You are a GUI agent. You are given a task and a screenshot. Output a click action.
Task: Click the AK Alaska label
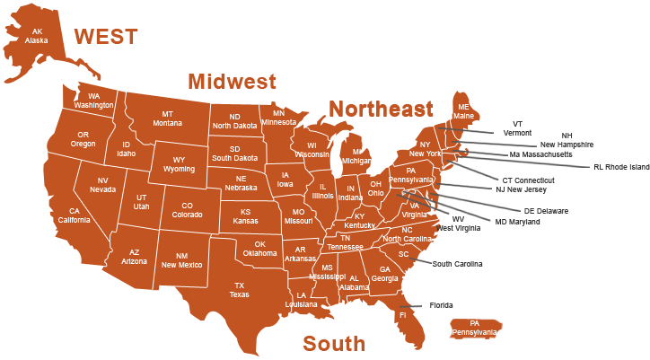pyautogui.click(x=37, y=36)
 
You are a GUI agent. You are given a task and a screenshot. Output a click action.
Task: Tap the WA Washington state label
pyautogui.click(x=93, y=101)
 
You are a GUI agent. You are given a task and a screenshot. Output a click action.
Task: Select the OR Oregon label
pyautogui.click(x=83, y=139)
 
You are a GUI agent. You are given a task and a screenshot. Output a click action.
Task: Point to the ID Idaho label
pyautogui.click(x=126, y=149)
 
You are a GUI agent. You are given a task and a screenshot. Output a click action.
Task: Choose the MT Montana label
pyautogui.click(x=167, y=119)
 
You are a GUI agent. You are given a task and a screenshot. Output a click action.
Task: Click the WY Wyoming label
pyautogui.click(x=179, y=164)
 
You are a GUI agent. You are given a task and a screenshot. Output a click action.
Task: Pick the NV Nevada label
pyautogui.click(x=102, y=185)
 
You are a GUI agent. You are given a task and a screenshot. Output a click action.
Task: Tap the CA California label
pyautogui.click(x=75, y=216)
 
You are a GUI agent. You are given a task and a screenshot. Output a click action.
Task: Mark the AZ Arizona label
pyautogui.click(x=134, y=257)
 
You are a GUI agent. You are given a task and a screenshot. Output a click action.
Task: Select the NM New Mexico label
pyautogui.click(x=181, y=260)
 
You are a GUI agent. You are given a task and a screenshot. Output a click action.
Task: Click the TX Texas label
pyautogui.click(x=240, y=290)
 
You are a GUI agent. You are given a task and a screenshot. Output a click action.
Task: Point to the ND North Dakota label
pyautogui.click(x=234, y=121)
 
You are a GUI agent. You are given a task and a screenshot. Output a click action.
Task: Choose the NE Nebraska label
pyautogui.click(x=241, y=183)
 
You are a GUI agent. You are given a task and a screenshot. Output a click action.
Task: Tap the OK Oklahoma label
pyautogui.click(x=260, y=248)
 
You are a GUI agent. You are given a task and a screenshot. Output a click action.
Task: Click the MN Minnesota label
pyautogui.click(x=278, y=118)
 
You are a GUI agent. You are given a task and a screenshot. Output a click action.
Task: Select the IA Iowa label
pyautogui.click(x=285, y=180)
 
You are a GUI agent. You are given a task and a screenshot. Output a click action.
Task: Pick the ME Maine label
pyautogui.click(x=463, y=111)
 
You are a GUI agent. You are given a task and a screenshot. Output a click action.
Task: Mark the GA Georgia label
pyautogui.click(x=384, y=274)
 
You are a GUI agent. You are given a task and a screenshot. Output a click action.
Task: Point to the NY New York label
pyautogui.click(x=426, y=149)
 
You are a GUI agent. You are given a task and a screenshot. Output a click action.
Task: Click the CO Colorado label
pyautogui.click(x=188, y=210)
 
